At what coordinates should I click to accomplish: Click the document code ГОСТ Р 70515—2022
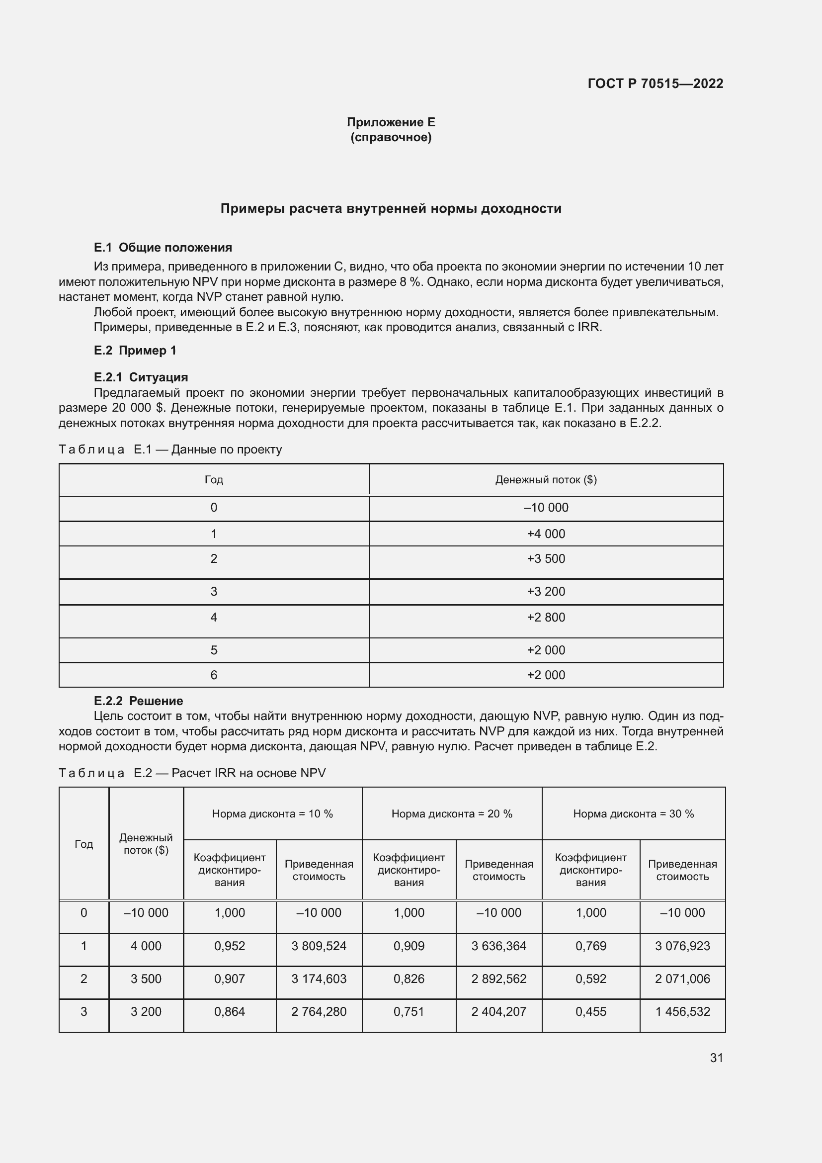656,84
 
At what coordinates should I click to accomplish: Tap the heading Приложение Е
391,122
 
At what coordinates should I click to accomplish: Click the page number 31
716,1058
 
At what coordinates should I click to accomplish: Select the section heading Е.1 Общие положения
163,247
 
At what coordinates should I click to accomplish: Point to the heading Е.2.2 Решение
138,701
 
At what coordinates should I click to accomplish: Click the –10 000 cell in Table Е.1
546,508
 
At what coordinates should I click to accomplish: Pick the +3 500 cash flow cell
546,559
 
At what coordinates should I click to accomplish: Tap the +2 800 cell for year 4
546,617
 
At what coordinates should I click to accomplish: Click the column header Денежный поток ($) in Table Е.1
546,479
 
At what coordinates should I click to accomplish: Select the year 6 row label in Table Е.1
214,675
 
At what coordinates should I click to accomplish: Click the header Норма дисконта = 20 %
451,813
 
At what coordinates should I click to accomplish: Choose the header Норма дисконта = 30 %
633,813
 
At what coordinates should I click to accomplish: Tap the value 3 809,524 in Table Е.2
319,946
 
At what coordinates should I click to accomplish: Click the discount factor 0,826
409,979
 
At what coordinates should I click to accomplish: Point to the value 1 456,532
682,1011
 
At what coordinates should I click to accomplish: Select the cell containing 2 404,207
498,1011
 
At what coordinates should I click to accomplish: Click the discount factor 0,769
591,946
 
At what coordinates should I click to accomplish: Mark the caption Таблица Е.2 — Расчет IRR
192,773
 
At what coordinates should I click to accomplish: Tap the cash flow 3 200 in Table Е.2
146,1011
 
